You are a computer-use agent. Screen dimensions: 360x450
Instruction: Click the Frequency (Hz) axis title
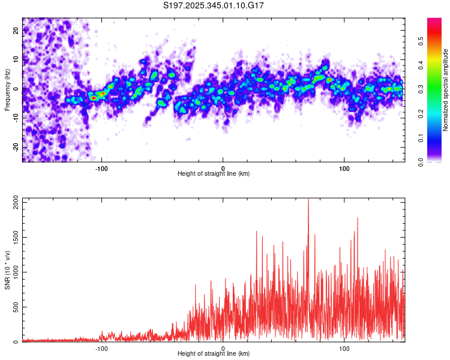point(7,89)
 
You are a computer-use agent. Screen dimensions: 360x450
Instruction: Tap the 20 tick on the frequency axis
point(16,29)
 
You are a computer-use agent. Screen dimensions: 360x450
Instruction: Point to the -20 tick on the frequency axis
point(16,147)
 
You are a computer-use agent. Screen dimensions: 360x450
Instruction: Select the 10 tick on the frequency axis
point(16,59)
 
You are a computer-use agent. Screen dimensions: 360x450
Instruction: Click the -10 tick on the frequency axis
point(16,118)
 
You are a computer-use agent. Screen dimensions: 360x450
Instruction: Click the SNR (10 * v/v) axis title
point(7,269)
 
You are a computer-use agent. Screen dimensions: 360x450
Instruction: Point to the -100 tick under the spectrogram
point(101,168)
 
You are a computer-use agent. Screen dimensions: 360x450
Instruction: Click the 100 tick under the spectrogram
point(345,168)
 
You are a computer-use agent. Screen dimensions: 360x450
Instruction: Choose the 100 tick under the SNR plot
point(345,348)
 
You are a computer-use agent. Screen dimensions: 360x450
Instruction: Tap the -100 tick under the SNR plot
point(101,348)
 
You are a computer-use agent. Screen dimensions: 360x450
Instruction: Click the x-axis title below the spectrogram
point(214,174)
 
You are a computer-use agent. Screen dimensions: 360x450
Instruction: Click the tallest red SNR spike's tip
point(308,200)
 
